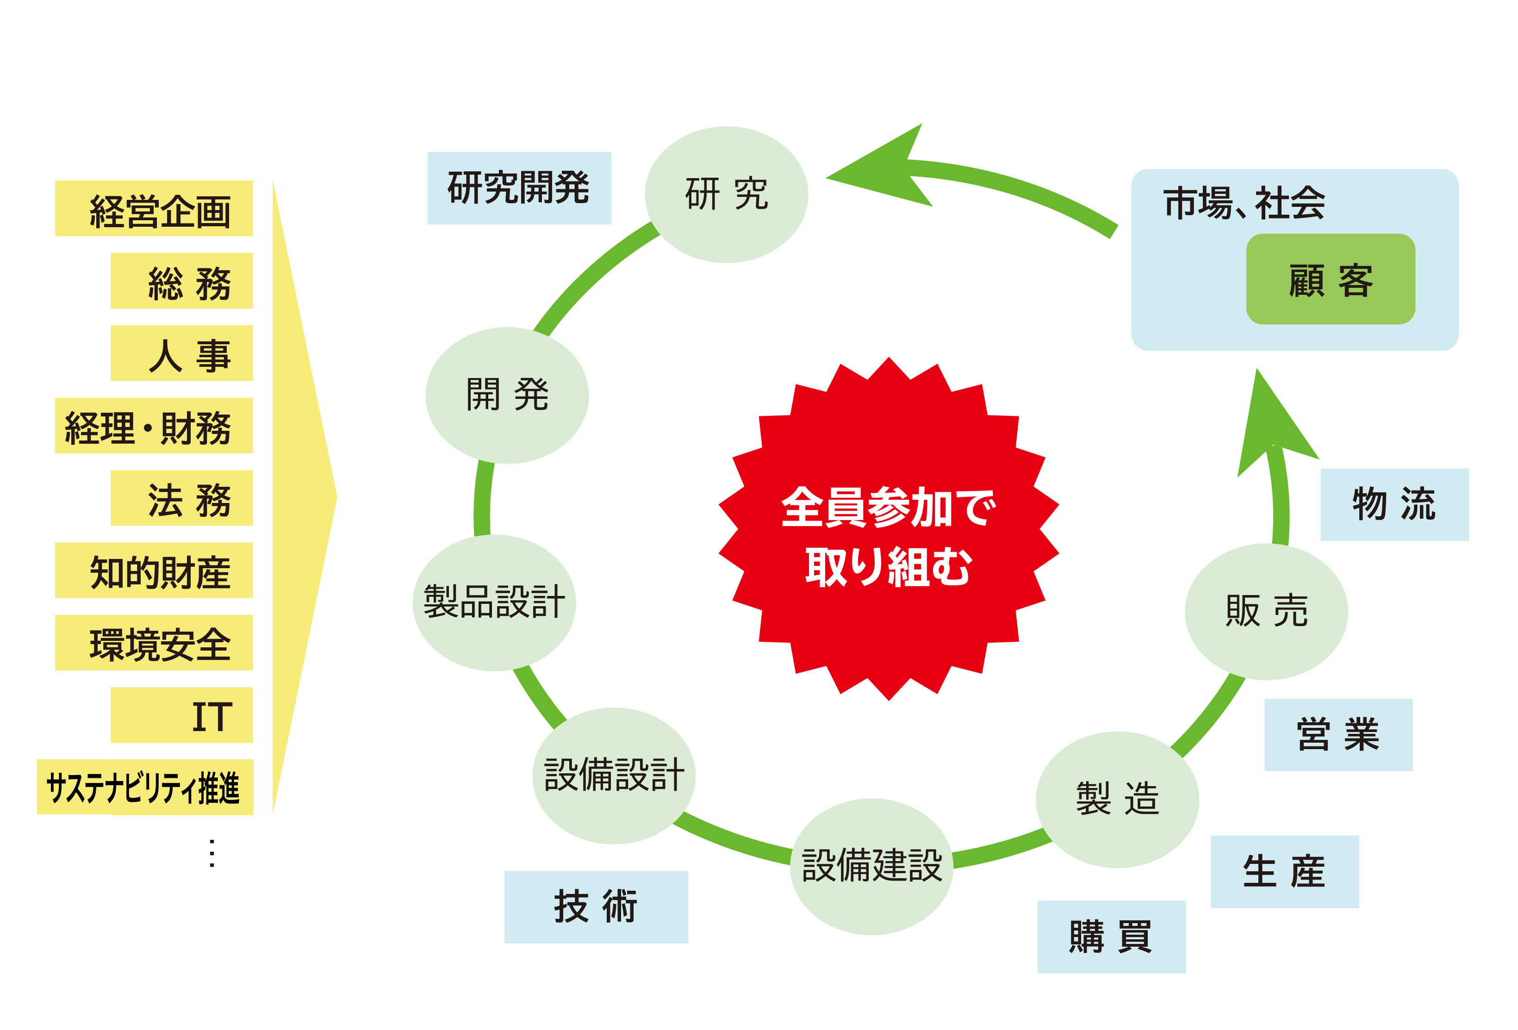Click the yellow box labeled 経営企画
pyautogui.click(x=154, y=208)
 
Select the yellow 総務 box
pyautogui.click(x=181, y=281)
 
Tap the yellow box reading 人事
pyautogui.click(x=181, y=354)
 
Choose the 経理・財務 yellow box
pyautogui.click(x=154, y=426)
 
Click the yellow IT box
pyautogui.click(x=181, y=715)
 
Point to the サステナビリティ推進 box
pyautogui.click(x=145, y=787)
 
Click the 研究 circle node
pyautogui.click(x=726, y=195)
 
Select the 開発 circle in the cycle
pyautogui.click(x=507, y=396)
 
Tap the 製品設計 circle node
pyautogui.click(x=494, y=603)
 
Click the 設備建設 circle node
pyautogui.click(x=871, y=867)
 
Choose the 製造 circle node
pyautogui.click(x=1118, y=800)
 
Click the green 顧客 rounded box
pyautogui.click(x=1331, y=279)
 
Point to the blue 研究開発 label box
pyautogui.click(x=519, y=188)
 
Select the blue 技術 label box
pyautogui.click(x=597, y=907)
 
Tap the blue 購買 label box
pyautogui.click(x=1112, y=937)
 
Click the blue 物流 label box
pyautogui.click(x=1394, y=505)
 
